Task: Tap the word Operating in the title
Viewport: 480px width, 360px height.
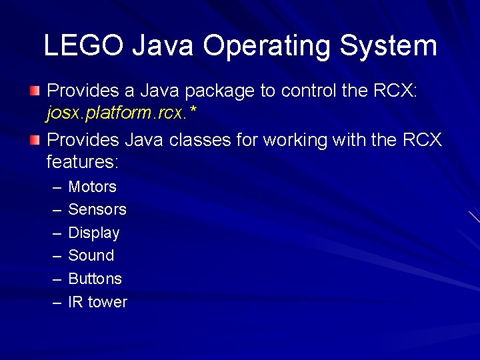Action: click(x=266, y=46)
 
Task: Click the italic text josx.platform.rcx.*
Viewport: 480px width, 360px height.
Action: click(x=121, y=114)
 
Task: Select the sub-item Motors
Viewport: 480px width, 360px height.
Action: click(x=92, y=187)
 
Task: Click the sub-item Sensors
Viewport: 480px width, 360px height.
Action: click(x=97, y=209)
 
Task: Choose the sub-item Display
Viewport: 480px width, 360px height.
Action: click(x=94, y=233)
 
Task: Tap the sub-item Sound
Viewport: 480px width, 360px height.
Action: click(x=91, y=255)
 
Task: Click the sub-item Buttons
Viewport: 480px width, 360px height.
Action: click(x=95, y=279)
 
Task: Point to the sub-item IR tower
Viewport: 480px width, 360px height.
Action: click(x=97, y=302)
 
